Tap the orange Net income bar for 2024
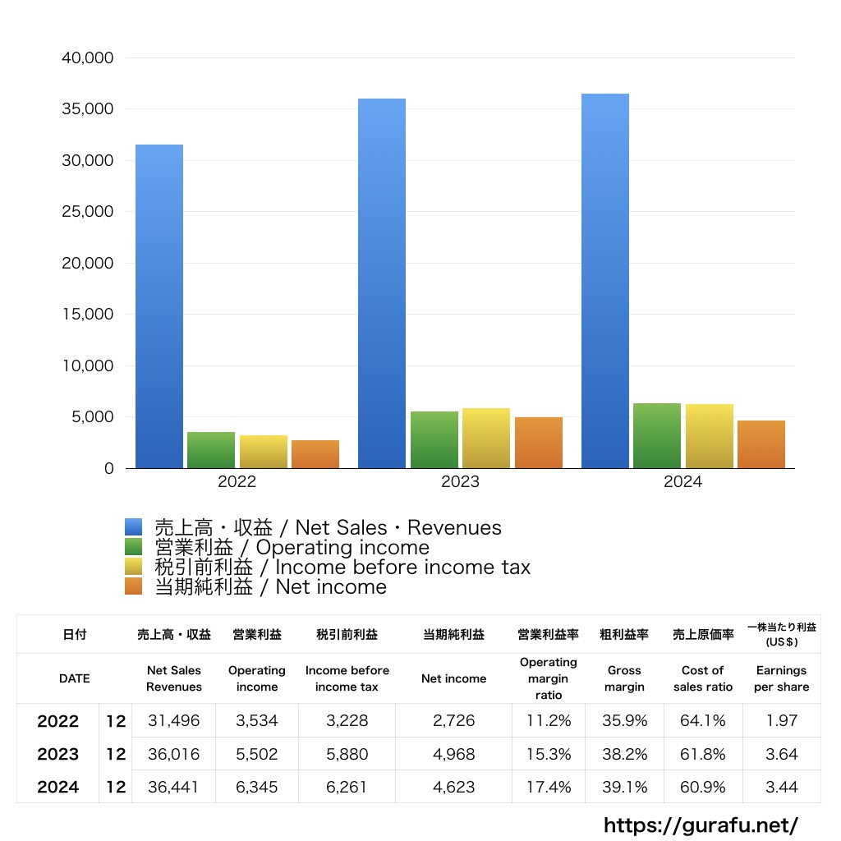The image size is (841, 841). tap(761, 444)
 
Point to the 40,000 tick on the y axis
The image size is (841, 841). tap(87, 58)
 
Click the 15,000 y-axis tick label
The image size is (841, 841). tap(87, 315)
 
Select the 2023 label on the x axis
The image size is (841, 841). tap(460, 482)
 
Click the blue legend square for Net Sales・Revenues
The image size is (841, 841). tap(134, 527)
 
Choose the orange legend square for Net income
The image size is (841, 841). tap(134, 586)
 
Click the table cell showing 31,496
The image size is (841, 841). tap(173, 721)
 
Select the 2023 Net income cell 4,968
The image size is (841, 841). tap(453, 754)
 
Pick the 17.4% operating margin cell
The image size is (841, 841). tap(549, 787)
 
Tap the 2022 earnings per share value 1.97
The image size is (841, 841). tap(781, 721)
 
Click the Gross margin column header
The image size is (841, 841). tap(624, 678)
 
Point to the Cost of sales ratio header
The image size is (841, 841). tap(702, 678)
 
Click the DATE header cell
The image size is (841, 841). tap(74, 678)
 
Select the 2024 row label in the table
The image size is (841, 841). tap(58, 787)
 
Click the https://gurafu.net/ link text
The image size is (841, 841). tap(701, 825)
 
